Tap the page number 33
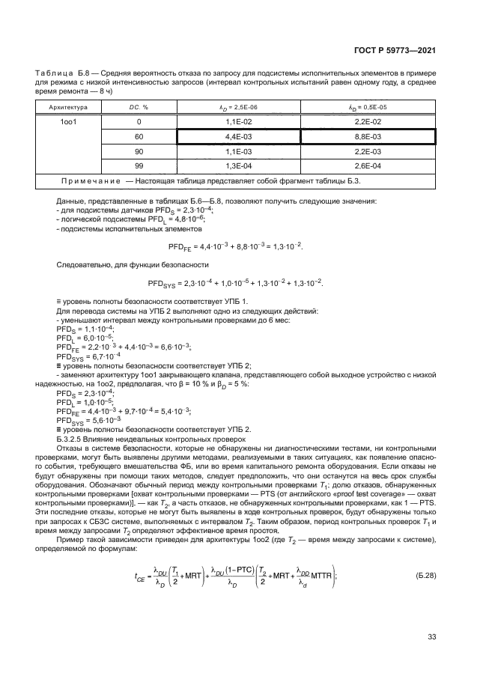(431, 637)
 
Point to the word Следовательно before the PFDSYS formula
(84, 265)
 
